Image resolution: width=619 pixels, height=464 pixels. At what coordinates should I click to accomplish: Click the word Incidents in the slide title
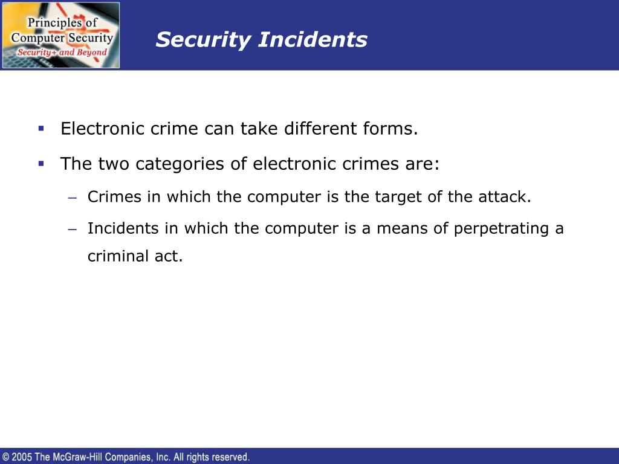(313, 39)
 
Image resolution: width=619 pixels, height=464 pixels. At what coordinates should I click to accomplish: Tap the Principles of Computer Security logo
(61, 35)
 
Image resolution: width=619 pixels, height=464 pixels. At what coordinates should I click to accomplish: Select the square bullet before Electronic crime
(41, 128)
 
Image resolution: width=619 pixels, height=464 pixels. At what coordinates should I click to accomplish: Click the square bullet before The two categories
(41, 163)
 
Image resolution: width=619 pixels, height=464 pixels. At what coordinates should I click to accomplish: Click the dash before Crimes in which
(73, 198)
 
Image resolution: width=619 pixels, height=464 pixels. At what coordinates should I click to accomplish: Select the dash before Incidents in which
(73, 229)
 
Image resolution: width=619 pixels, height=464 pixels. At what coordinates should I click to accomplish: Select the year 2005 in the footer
(22, 457)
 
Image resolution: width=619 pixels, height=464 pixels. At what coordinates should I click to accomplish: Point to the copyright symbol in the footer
(6, 457)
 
